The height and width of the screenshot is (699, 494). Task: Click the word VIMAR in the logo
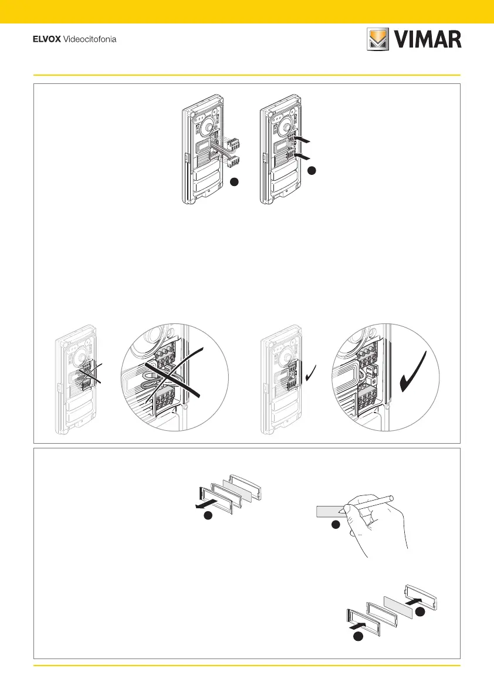click(430, 39)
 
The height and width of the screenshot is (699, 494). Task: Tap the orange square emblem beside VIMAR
click(379, 39)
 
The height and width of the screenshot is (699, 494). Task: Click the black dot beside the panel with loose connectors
click(234, 183)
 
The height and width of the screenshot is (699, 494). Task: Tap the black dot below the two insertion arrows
click(312, 171)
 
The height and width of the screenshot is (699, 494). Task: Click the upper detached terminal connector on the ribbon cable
click(235, 143)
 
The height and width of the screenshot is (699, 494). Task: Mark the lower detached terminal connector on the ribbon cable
click(234, 161)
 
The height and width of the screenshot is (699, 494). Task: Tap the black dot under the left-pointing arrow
click(206, 516)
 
